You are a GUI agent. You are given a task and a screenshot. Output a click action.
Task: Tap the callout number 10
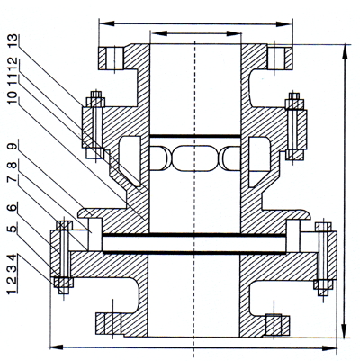12,98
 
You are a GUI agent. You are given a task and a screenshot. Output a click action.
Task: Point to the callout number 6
12,207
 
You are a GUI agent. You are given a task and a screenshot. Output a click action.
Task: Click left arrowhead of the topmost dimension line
106,23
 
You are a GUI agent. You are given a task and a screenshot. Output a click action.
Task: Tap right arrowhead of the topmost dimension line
284,24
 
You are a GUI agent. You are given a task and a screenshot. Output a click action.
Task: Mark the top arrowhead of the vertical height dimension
345,53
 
